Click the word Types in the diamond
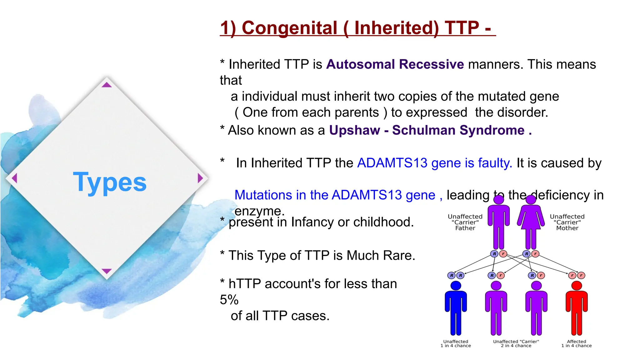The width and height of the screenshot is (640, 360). (110, 182)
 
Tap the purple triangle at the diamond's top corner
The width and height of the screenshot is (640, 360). (107, 85)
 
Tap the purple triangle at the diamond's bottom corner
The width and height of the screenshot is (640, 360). (107, 271)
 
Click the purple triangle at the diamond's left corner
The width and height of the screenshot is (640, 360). (14, 178)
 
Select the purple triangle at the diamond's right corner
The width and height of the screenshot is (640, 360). (200, 178)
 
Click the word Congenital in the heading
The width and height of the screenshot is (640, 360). (289, 28)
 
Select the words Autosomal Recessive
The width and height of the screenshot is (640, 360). (395, 64)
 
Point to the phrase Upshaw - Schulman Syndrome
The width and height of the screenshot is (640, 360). (427, 130)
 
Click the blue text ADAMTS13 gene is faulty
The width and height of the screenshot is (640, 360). (434, 163)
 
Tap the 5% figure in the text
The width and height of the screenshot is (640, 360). (229, 300)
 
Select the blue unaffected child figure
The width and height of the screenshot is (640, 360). (456, 309)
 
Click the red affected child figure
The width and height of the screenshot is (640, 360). (577, 309)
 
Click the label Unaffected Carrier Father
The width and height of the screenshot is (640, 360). (465, 222)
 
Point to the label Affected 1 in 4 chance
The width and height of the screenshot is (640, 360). (576, 343)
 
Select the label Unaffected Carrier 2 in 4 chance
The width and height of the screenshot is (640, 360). (516, 343)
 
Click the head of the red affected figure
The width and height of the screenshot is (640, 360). (577, 285)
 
